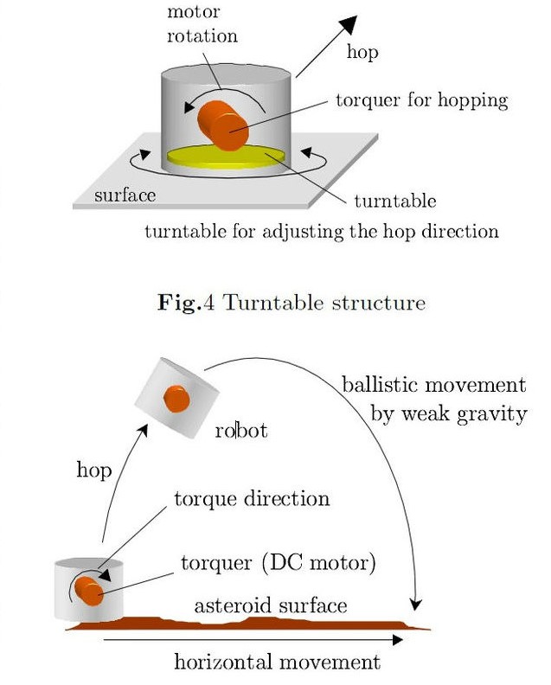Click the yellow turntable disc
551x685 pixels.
coord(226,157)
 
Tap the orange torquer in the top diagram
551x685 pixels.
coord(223,125)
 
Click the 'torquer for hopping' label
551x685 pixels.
coord(421,101)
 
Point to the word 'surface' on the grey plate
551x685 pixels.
coord(125,195)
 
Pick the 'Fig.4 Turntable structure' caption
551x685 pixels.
coord(292,303)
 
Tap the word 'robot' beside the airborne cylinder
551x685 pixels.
coord(241,431)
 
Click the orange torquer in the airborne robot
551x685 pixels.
coord(176,399)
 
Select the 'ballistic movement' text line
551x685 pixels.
coord(434,385)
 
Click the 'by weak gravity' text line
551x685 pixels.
coord(449,413)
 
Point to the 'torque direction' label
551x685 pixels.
coord(252,499)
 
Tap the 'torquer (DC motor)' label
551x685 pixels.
coord(279,563)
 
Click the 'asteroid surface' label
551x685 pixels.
coord(271,605)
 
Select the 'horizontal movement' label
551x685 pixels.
coord(278,662)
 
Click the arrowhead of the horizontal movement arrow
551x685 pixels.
coord(397,640)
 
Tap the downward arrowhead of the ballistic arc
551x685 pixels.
coord(416,605)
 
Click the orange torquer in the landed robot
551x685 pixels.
coord(89,591)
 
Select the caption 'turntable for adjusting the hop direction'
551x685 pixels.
coord(322,232)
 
